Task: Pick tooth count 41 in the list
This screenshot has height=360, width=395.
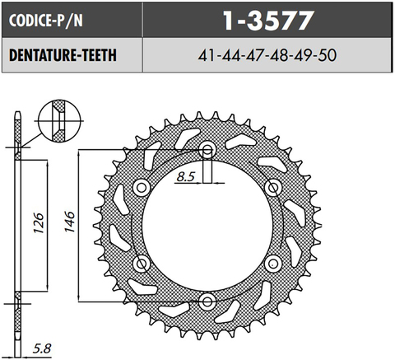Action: point(207,56)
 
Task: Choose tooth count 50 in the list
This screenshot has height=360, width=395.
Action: point(327,56)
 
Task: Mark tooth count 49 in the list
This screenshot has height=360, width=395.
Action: point(303,56)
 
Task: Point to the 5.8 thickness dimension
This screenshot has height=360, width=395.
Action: point(39,348)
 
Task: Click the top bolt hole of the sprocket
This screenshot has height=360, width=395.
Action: point(207,149)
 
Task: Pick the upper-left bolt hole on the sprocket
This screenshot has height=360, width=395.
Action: point(142,185)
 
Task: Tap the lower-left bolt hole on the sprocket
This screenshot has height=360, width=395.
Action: point(142,264)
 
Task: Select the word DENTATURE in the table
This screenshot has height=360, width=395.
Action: point(41,56)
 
